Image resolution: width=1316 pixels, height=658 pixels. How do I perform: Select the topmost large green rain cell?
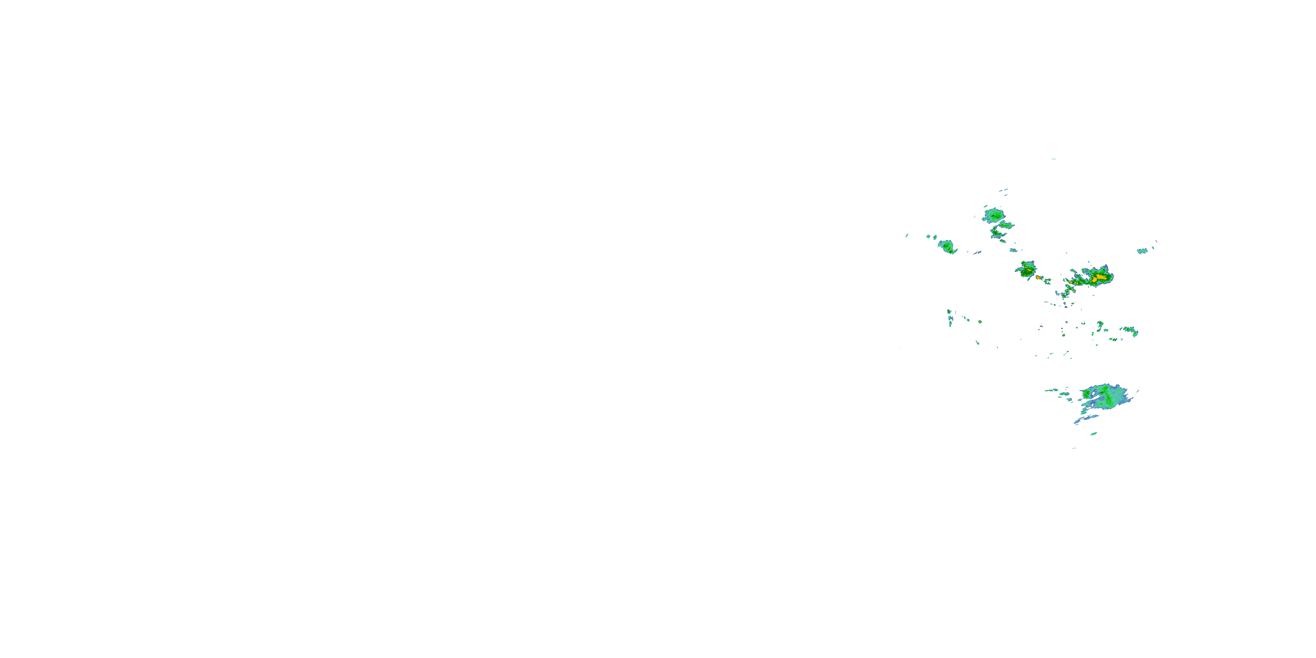pos(994,215)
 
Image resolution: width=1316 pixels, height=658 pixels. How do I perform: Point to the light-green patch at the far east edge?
pos(1142,251)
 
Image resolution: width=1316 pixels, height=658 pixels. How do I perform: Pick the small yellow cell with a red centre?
pos(1039,277)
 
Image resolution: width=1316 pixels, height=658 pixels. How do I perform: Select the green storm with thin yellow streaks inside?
pos(1026,269)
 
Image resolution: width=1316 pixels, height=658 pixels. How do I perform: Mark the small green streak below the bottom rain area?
pos(1094,434)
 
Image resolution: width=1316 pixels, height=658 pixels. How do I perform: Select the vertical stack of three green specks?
pos(950,318)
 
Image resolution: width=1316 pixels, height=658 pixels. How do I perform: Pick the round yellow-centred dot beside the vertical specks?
pos(980,322)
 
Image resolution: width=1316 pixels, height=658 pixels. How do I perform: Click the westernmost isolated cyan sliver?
pos(907,236)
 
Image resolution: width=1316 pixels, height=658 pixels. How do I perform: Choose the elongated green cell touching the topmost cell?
pos(1006,224)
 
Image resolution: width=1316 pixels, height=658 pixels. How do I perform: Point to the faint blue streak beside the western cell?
pos(977,252)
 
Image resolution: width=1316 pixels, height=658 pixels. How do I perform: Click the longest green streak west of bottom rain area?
pos(1051,390)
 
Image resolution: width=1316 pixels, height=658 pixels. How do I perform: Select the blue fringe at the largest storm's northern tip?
pos(1105,267)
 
